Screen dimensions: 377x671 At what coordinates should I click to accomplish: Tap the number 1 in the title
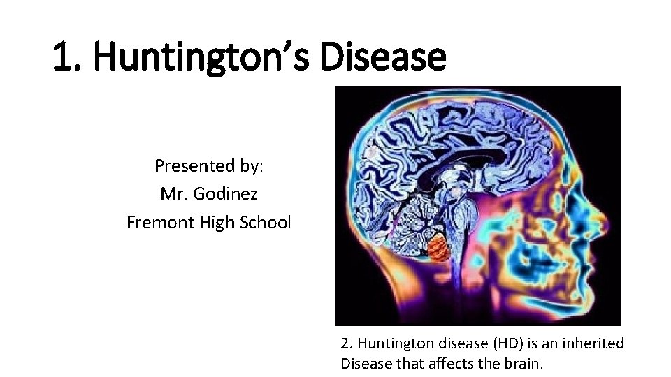[x=64, y=57]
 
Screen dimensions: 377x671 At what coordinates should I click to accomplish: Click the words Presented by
[x=208, y=166]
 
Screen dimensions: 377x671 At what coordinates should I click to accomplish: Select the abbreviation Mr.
[x=174, y=194]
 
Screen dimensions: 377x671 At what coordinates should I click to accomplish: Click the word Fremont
[x=157, y=223]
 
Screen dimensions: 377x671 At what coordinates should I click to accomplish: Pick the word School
[x=266, y=223]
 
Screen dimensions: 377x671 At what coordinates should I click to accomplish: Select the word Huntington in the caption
[x=389, y=343]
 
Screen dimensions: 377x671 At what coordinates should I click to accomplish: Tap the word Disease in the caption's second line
[x=365, y=363]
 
